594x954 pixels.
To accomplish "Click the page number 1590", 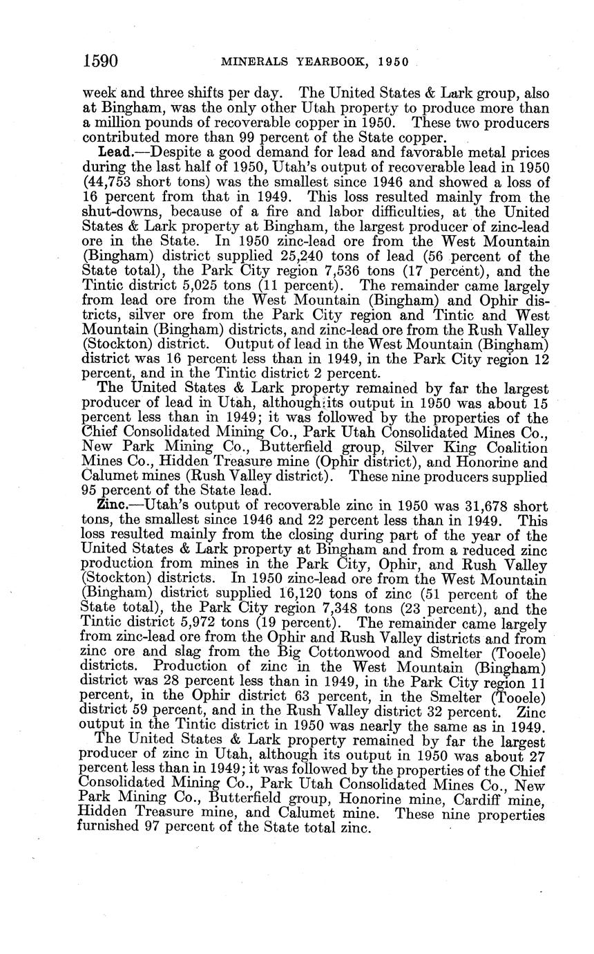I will (101, 61).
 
